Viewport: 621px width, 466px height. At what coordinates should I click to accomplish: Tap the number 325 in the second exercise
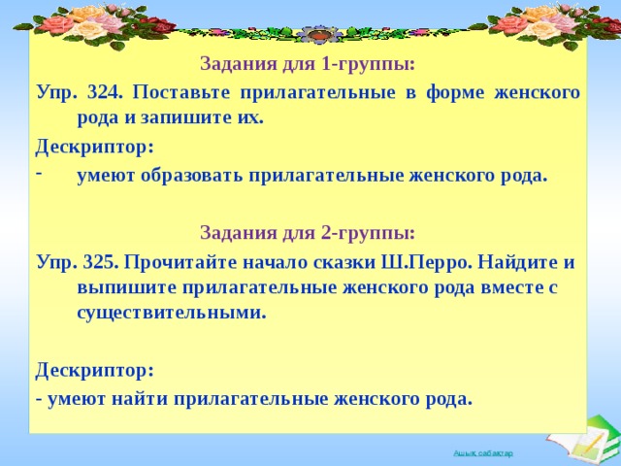coord(100,262)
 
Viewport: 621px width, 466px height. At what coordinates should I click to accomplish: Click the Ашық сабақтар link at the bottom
coord(483,453)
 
